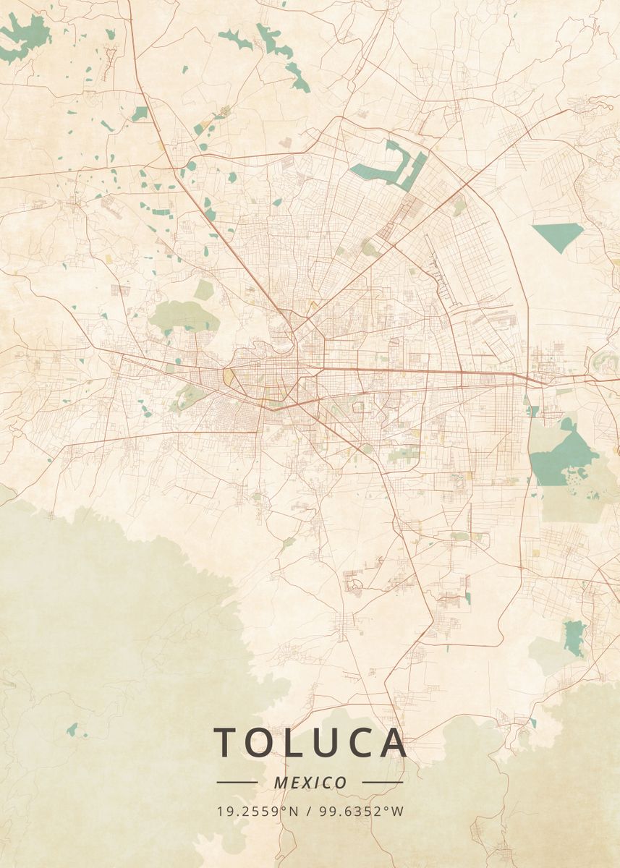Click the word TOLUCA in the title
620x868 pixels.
(310, 743)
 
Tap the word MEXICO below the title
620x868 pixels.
(310, 783)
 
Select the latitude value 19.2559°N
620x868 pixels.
(258, 811)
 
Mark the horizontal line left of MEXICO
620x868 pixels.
(237, 782)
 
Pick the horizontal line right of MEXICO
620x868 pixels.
(382, 782)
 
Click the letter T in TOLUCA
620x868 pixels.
(226, 743)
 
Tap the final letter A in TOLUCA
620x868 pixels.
(392, 743)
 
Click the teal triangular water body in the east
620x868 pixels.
(558, 234)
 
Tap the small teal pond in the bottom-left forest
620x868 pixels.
(72, 729)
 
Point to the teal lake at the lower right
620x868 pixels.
(575, 637)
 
